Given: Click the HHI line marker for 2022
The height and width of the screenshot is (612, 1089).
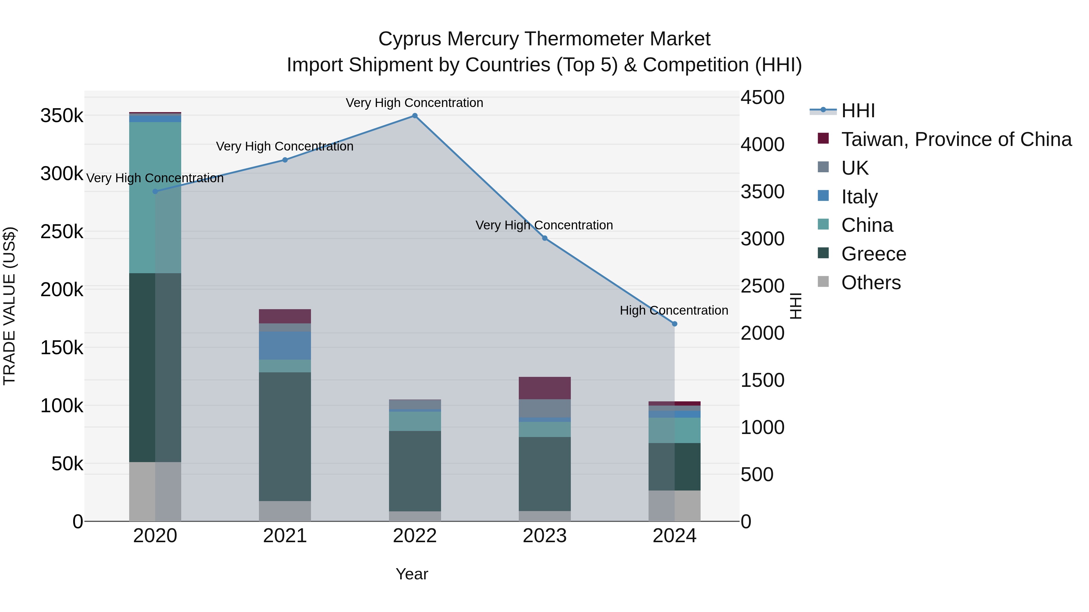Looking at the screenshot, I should click(x=415, y=116).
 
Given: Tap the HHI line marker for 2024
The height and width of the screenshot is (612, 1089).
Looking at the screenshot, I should click(x=674, y=324).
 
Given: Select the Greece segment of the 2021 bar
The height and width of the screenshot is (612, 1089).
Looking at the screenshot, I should click(x=285, y=436).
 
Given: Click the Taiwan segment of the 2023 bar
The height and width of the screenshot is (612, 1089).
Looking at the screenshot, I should click(x=544, y=388).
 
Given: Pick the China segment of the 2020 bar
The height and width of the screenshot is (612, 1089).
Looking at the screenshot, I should click(x=155, y=198).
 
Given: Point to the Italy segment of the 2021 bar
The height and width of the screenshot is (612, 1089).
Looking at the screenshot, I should click(x=285, y=345).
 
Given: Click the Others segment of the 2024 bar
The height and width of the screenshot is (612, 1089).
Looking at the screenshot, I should click(x=674, y=506).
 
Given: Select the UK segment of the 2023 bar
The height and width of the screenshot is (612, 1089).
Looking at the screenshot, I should click(x=544, y=408).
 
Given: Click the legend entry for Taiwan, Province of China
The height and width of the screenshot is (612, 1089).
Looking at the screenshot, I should click(x=956, y=139).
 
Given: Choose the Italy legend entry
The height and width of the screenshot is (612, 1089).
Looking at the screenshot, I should click(x=859, y=197).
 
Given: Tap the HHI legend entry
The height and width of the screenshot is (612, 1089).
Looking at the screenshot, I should click(x=858, y=111).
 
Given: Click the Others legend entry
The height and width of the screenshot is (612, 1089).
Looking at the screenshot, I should click(x=871, y=283).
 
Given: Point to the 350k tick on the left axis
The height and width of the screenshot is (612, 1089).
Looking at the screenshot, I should click(x=62, y=116).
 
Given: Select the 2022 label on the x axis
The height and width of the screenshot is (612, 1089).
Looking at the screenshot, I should click(x=415, y=536).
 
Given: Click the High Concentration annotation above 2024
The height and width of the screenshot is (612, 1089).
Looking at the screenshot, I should click(x=674, y=310).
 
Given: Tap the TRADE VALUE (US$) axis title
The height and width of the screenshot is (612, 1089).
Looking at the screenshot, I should click(x=9, y=306).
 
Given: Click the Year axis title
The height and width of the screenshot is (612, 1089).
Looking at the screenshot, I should click(x=412, y=574).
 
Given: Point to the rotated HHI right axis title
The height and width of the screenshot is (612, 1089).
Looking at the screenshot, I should click(x=795, y=306).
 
